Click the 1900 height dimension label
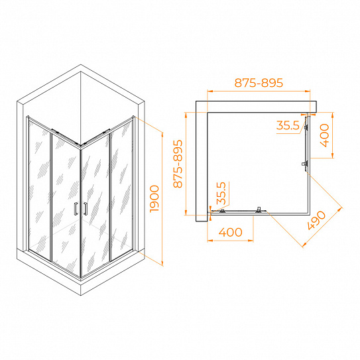click(x=154, y=199)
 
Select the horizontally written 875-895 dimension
click(x=259, y=83)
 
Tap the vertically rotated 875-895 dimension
click(x=178, y=164)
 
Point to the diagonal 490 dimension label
click(x=316, y=220)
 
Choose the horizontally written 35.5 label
click(x=288, y=125)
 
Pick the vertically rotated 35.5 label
click(x=221, y=193)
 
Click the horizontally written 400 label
click(x=230, y=232)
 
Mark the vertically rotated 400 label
click(x=324, y=135)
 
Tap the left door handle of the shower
click(x=76, y=209)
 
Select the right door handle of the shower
click(x=86, y=209)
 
